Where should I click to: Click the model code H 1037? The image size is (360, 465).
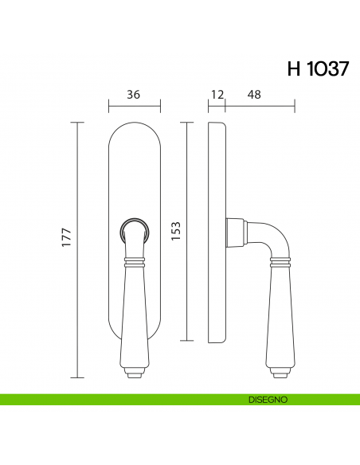click(317, 68)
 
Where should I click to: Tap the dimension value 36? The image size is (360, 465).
click(134, 94)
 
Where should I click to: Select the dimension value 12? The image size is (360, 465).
click(217, 94)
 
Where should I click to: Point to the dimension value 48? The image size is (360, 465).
click(254, 94)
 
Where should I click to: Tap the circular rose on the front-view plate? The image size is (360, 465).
click(133, 232)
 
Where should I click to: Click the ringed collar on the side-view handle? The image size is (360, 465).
click(283, 260)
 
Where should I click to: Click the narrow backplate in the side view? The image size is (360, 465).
click(216, 231)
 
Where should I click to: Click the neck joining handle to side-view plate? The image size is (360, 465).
click(234, 232)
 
